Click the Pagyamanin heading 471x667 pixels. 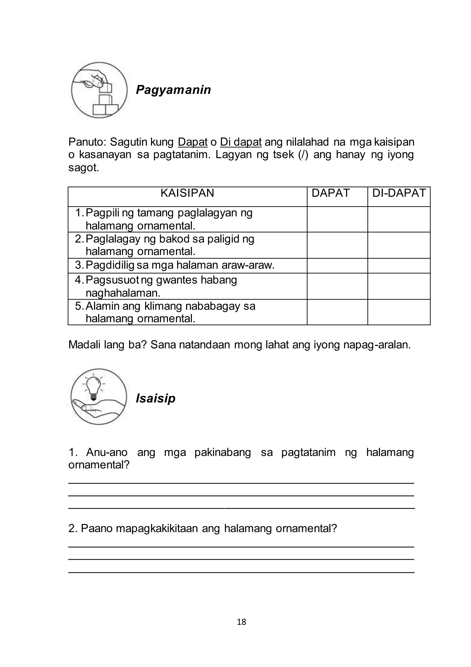[x=173, y=90]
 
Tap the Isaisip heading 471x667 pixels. [x=155, y=398]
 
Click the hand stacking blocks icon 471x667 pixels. [x=99, y=90]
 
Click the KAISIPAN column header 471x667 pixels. [x=187, y=193]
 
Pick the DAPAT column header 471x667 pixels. [x=330, y=193]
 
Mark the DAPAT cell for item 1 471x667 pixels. [x=337, y=219]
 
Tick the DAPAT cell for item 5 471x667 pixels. [x=337, y=312]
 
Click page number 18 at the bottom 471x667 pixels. [x=241, y=622]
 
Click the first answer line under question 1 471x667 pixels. [x=241, y=483]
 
